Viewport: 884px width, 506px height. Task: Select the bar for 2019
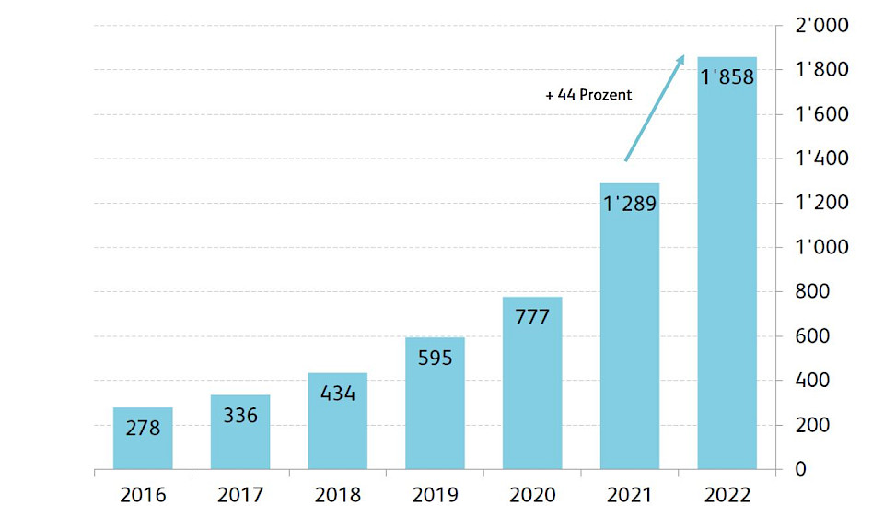point(435,415)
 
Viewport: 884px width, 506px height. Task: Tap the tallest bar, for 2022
point(727,277)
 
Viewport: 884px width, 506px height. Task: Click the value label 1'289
point(630,203)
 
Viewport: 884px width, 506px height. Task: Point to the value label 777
point(532,317)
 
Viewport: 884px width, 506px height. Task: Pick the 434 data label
point(337,393)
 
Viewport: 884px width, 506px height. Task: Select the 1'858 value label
point(727,77)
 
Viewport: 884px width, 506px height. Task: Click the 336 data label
point(239,415)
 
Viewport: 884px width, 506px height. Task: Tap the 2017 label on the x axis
point(239,495)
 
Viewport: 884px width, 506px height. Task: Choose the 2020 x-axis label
point(532,495)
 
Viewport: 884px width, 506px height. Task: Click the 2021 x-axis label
point(630,495)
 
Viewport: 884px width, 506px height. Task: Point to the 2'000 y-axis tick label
point(821,26)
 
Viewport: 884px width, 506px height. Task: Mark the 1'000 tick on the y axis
point(821,247)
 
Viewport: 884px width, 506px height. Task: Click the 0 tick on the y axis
point(800,469)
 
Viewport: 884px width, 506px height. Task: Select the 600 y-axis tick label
point(813,336)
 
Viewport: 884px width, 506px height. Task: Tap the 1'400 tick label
point(821,159)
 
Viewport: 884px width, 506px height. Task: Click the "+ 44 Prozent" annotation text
point(588,95)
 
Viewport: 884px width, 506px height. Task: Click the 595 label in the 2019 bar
point(435,358)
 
